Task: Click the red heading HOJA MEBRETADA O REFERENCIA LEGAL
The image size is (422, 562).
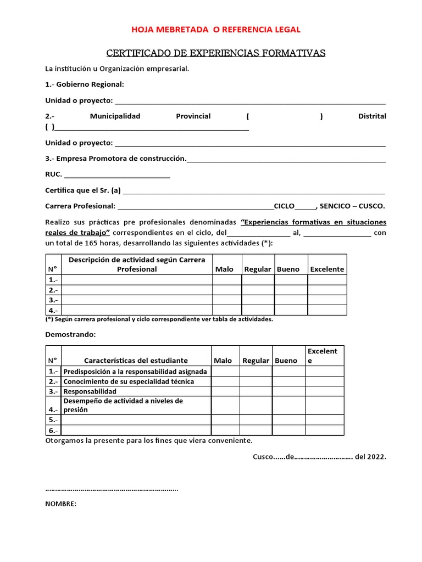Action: click(215, 30)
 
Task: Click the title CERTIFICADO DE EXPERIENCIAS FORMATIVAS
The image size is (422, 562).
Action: click(215, 53)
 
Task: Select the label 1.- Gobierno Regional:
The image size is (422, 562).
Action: click(85, 85)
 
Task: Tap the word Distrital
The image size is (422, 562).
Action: click(372, 116)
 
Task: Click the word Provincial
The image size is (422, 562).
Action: click(193, 116)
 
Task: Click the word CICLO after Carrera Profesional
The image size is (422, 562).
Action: click(284, 206)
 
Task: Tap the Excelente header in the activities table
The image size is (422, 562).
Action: click(327, 269)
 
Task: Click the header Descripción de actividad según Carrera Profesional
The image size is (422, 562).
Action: click(137, 264)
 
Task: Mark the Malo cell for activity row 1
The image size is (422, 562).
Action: click(226, 280)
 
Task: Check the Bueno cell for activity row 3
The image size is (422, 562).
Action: click(291, 300)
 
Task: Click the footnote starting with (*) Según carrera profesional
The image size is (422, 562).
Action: click(159, 319)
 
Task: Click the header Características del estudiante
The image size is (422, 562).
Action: click(136, 361)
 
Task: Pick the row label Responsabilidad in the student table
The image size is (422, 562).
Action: click(90, 392)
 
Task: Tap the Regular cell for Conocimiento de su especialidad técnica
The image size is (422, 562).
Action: click(256, 381)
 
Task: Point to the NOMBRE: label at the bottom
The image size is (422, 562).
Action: click(60, 504)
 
